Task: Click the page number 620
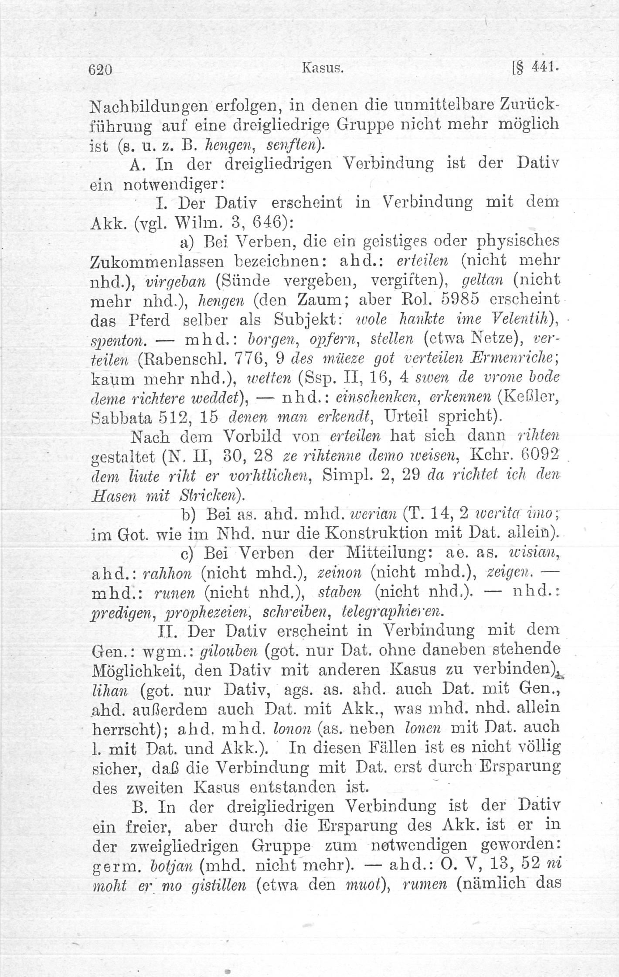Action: tap(101, 70)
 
